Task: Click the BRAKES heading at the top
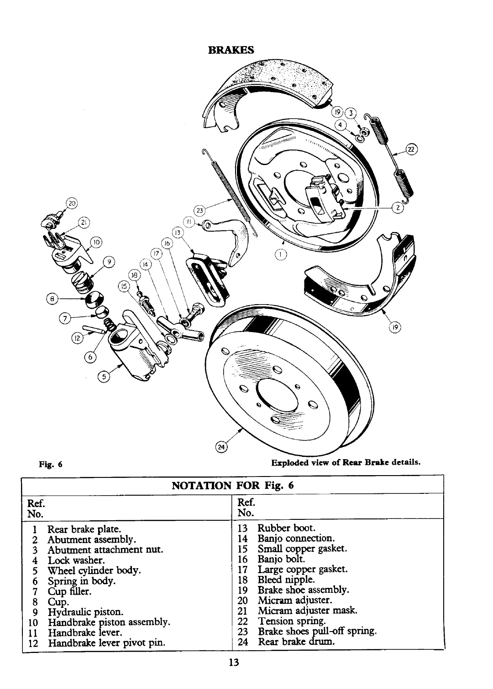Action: [x=231, y=50]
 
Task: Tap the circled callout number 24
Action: [x=221, y=447]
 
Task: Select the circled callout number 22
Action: [x=412, y=149]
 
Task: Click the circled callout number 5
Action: [x=105, y=376]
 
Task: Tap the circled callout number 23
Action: [x=199, y=210]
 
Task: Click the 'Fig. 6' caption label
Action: [x=50, y=465]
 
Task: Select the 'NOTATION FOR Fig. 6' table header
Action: [x=233, y=485]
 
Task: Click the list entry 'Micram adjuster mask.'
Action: [x=307, y=611]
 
